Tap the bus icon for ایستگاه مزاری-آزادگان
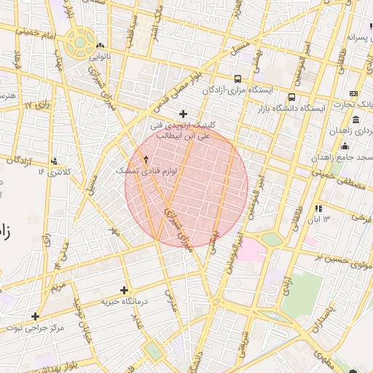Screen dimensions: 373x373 click(x=237, y=79)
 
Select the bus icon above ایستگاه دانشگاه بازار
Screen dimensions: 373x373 click(x=292, y=97)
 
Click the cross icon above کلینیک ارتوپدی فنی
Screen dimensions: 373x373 click(x=183, y=113)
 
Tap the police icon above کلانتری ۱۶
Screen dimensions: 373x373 click(x=55, y=160)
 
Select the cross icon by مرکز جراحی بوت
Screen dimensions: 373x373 click(x=34, y=316)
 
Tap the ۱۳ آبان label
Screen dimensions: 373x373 click(x=318, y=219)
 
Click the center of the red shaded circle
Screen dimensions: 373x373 click(x=186, y=186)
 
